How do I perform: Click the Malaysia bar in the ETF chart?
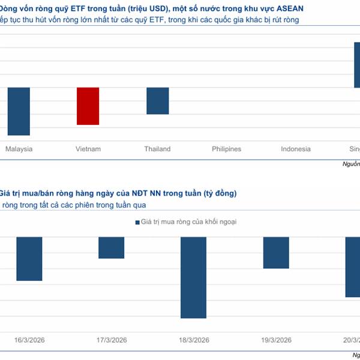pos(19,112)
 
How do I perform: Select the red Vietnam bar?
pos(88,106)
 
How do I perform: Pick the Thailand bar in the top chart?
pos(158,101)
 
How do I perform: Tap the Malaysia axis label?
pos(19,149)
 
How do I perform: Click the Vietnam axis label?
pos(88,149)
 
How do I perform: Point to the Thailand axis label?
pos(157,149)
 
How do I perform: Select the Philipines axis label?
pos(227,149)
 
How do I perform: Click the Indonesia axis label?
pos(296,149)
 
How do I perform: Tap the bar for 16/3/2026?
pos(29,259)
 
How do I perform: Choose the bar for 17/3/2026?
pos(112,248)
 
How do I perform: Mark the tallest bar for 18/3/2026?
pos(194,277)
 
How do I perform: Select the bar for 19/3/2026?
pos(276,253)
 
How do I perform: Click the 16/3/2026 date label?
pos(29,340)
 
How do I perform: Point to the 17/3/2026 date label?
pos(112,340)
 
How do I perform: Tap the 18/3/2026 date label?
pos(194,340)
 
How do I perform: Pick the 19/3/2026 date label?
pos(276,340)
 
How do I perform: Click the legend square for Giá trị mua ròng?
pos(137,222)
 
